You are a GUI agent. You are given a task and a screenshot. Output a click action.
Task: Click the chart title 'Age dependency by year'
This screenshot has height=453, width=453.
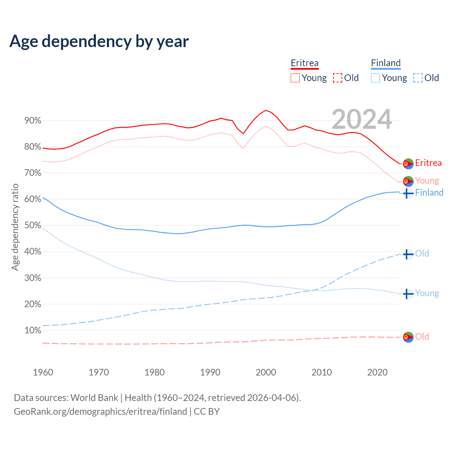click(99, 41)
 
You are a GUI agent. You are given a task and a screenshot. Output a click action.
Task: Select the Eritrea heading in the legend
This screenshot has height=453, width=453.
click(304, 63)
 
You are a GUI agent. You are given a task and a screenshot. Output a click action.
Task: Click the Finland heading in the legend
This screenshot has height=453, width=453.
click(386, 63)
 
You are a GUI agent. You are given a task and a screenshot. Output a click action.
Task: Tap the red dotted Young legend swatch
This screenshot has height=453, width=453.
click(295, 78)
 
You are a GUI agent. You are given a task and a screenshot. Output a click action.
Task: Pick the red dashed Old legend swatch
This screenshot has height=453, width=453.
click(338, 78)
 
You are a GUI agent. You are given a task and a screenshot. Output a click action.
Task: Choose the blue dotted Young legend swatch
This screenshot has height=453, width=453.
click(375, 78)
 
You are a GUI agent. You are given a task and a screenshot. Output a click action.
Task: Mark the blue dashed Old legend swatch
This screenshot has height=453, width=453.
click(418, 78)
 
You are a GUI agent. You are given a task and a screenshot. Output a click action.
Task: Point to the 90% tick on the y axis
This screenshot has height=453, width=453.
click(33, 121)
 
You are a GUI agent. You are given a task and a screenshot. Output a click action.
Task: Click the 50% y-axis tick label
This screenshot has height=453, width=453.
click(33, 225)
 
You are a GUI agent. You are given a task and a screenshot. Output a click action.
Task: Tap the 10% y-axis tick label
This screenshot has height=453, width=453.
click(33, 331)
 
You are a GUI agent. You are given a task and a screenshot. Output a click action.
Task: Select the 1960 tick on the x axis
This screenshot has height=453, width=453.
click(43, 372)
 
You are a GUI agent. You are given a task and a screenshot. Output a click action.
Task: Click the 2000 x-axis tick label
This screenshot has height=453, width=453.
click(266, 372)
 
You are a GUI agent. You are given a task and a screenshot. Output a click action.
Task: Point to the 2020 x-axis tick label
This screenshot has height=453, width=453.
click(377, 372)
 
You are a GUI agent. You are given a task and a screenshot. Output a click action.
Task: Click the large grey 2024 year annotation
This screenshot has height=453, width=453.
click(362, 119)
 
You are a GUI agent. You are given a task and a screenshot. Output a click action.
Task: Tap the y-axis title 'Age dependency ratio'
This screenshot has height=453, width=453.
click(15, 227)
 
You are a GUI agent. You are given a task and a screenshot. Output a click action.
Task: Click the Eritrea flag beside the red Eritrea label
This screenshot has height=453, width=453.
click(408, 164)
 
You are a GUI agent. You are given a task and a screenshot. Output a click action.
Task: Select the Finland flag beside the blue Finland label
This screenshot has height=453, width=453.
click(408, 193)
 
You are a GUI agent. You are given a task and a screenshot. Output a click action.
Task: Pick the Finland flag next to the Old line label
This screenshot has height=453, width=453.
click(408, 254)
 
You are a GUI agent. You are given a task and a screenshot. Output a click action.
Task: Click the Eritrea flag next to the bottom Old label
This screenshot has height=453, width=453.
click(408, 337)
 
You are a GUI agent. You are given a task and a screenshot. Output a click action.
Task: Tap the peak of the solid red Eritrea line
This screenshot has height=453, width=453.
click(266, 110)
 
